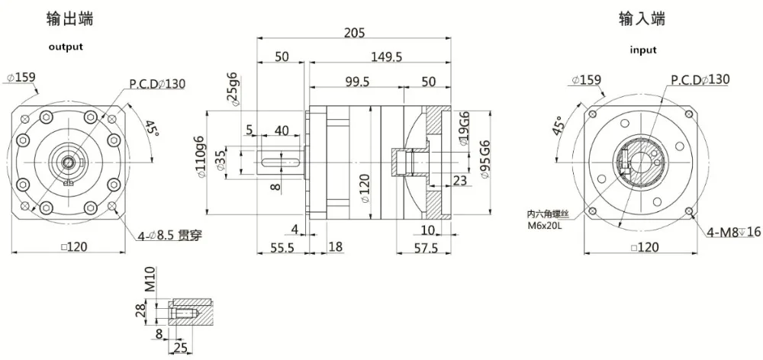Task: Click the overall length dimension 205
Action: (x=354, y=32)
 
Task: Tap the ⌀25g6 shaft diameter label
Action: (x=233, y=88)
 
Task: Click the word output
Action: (x=66, y=47)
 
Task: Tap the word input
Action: (x=642, y=50)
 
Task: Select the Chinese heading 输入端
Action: (x=642, y=19)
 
